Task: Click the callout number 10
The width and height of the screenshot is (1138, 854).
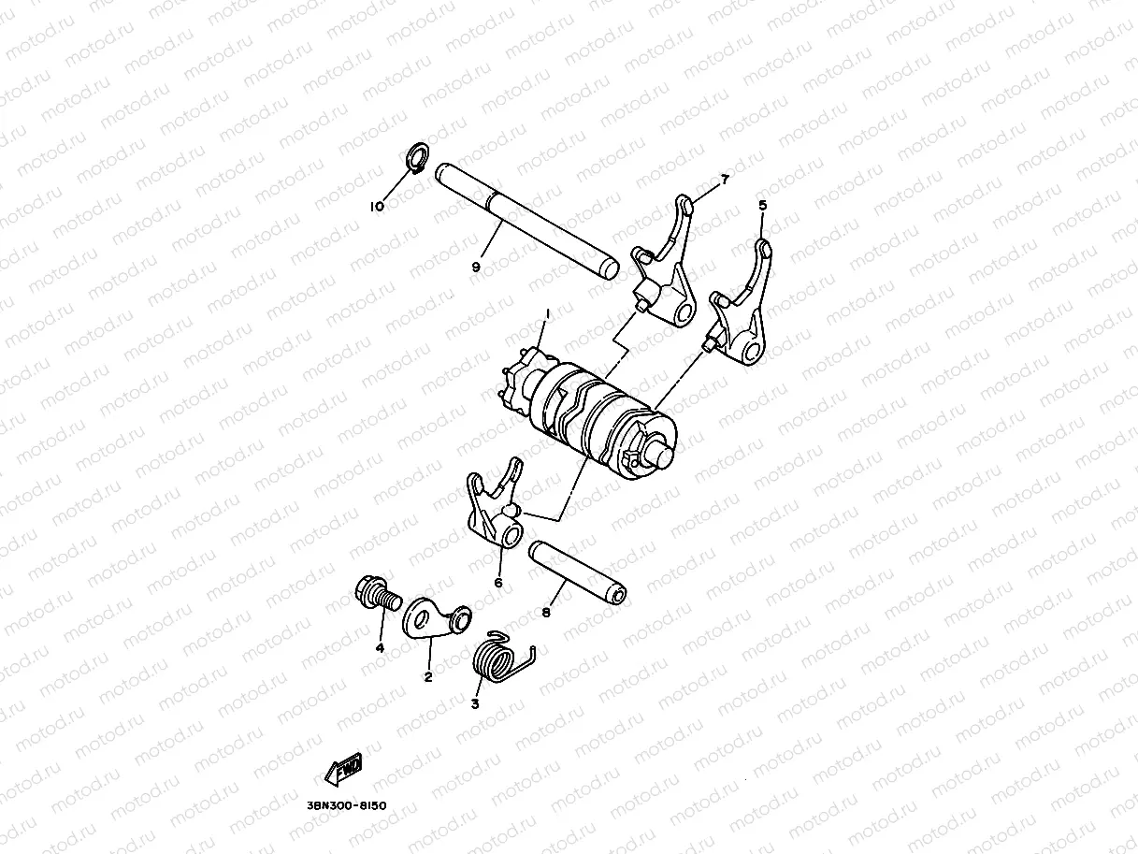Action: point(377,207)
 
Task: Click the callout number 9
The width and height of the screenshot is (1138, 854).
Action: point(475,268)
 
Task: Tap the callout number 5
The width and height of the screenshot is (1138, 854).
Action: point(762,204)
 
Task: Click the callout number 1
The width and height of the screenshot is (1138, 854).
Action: point(548,314)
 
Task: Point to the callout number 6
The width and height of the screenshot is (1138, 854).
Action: point(497,583)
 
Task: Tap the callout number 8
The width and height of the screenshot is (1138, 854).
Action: point(546,614)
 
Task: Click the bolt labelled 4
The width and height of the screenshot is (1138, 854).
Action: point(376,592)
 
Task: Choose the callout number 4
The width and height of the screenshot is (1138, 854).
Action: point(380,647)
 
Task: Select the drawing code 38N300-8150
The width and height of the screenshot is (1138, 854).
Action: point(346,804)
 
